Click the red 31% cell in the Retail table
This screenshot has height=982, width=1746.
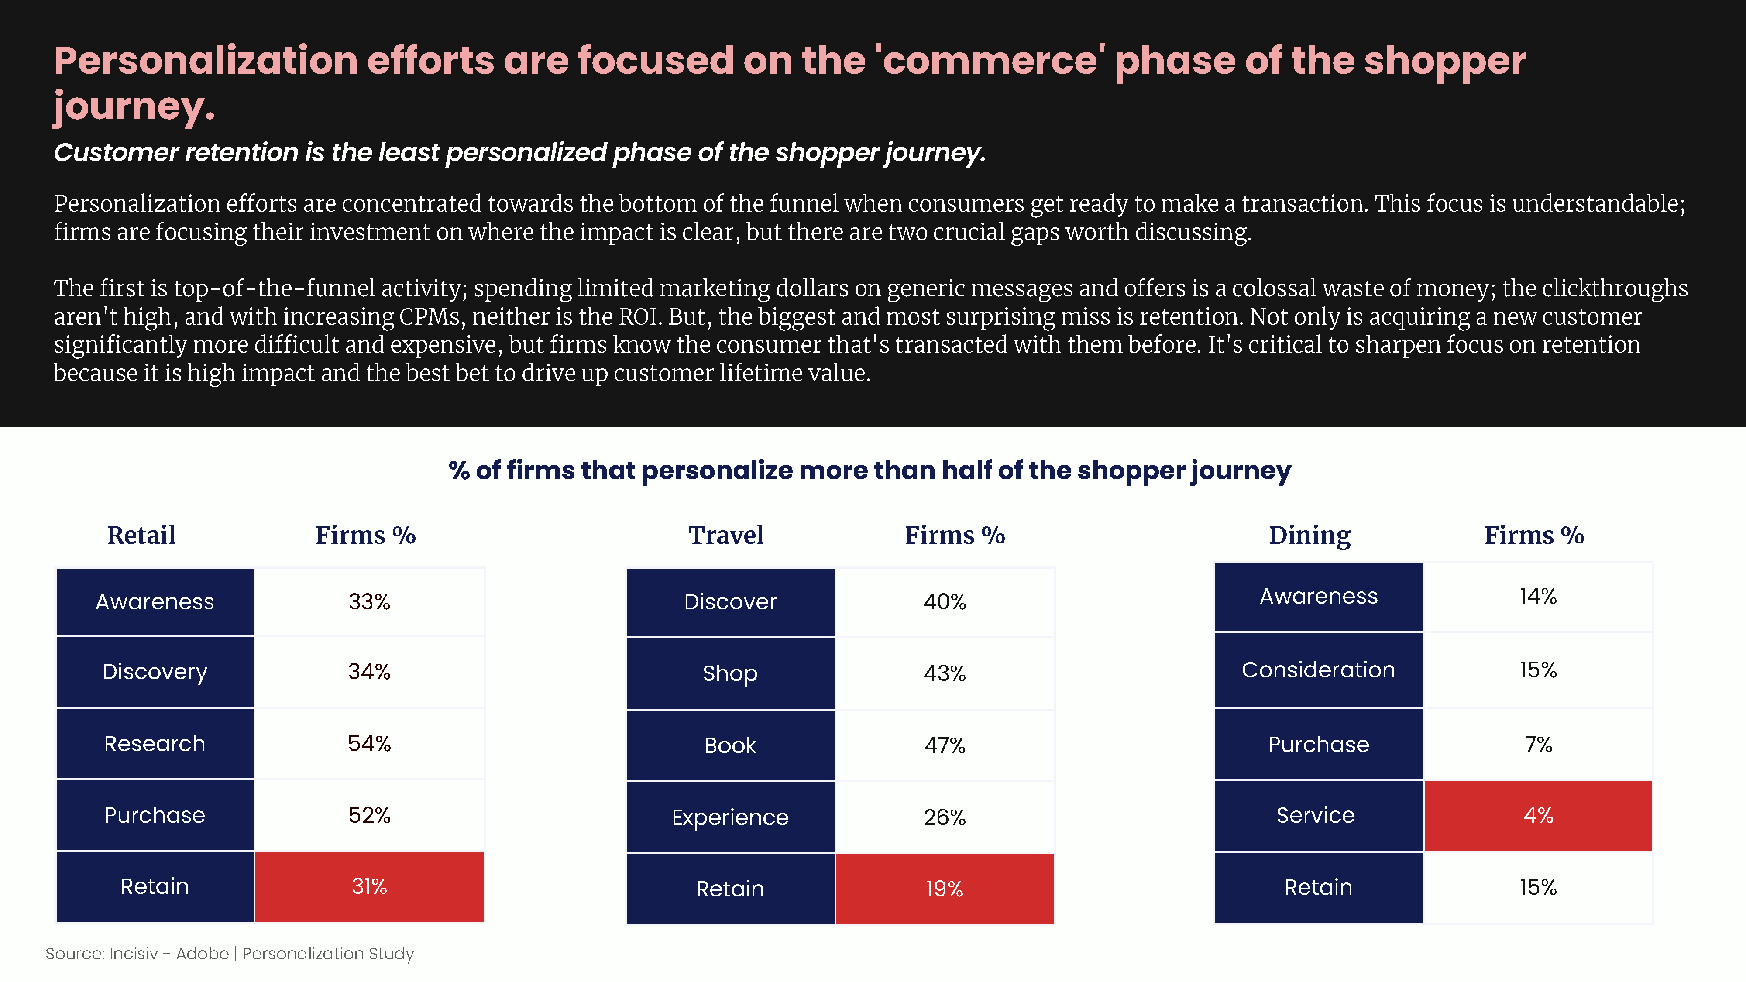(x=369, y=886)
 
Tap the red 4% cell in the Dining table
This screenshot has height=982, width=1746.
(x=1538, y=815)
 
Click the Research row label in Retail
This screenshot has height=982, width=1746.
(x=155, y=743)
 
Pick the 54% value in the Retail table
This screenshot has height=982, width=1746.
(x=369, y=743)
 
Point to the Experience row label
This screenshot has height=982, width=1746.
(x=730, y=817)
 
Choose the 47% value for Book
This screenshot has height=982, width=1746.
(x=945, y=745)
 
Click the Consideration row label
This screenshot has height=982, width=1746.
(x=1318, y=670)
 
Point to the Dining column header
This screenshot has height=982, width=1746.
(x=1309, y=536)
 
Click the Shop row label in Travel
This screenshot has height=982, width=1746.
(x=730, y=673)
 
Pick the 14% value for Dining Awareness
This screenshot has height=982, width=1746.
(x=1538, y=596)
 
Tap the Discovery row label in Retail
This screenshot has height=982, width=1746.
(x=155, y=672)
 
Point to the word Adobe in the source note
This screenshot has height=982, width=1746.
(x=202, y=954)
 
